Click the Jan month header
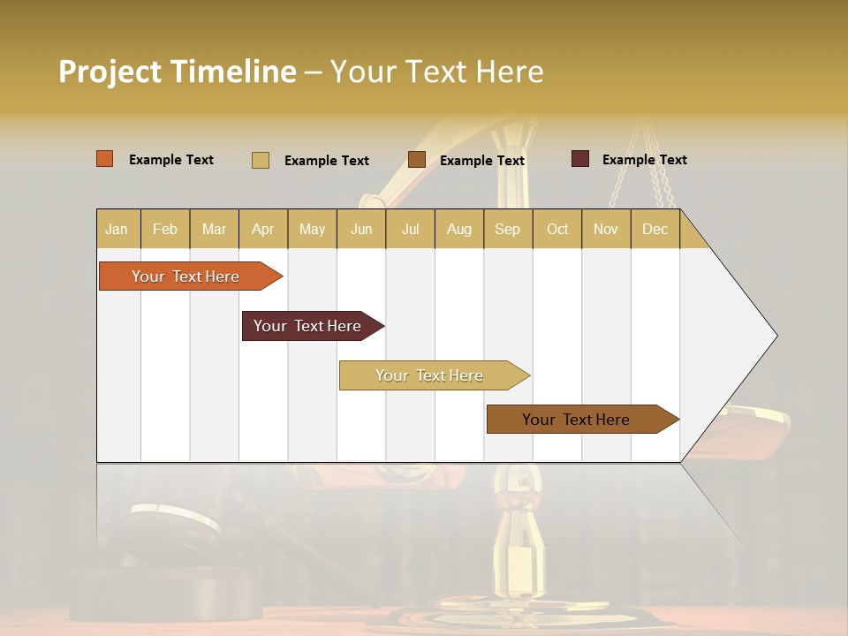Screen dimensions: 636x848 click(117, 229)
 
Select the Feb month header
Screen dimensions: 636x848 click(165, 229)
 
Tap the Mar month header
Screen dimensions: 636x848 click(214, 229)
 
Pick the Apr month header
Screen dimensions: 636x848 click(263, 229)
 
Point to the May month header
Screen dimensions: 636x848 click(312, 229)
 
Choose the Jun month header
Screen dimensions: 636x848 click(361, 229)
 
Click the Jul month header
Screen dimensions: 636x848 click(411, 229)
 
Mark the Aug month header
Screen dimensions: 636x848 click(459, 229)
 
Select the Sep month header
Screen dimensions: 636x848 click(508, 229)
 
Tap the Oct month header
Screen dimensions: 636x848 click(557, 229)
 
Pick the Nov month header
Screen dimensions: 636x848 click(606, 229)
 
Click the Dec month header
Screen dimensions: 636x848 click(655, 229)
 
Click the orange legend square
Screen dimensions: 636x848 click(105, 159)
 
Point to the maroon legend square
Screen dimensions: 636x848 click(580, 159)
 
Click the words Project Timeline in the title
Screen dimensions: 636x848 click(178, 72)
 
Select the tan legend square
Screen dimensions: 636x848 click(261, 160)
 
